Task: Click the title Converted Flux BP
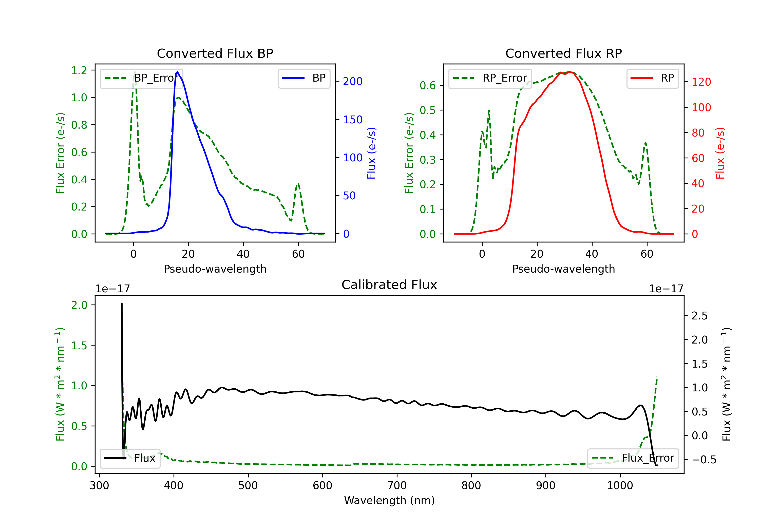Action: (x=215, y=53)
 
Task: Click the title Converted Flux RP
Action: (x=563, y=53)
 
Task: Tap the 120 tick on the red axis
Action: (x=701, y=82)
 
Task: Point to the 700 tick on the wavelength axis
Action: (x=396, y=485)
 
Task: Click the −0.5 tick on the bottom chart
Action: (x=704, y=460)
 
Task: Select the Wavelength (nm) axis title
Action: (x=389, y=500)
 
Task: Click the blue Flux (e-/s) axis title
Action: (x=371, y=153)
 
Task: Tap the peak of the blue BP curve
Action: (x=177, y=72)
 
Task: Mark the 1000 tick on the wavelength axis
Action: (x=620, y=485)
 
